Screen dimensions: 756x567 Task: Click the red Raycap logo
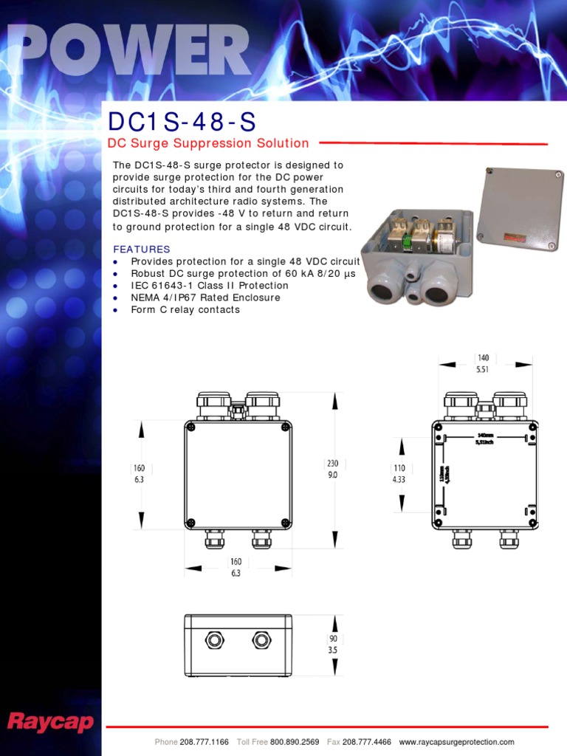[x=49, y=721]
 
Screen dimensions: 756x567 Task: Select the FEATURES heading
[x=142, y=250]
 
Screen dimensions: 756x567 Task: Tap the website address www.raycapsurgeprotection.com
[x=456, y=742]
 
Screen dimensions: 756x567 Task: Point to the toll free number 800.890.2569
[x=295, y=742]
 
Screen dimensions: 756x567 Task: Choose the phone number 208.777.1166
[x=204, y=742]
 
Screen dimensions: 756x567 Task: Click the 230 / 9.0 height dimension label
[x=333, y=470]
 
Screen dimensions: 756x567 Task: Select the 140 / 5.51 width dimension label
[x=483, y=363]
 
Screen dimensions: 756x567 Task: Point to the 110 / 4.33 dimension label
[x=399, y=473]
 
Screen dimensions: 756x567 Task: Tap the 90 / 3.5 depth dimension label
[x=334, y=645]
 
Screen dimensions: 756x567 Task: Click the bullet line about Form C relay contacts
[x=185, y=309]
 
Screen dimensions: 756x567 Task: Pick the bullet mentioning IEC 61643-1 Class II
[x=210, y=286]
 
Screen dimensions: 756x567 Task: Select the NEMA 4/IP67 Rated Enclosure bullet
[x=205, y=298]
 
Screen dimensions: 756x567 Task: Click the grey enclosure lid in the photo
[x=520, y=209]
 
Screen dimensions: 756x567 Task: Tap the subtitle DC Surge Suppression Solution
[x=208, y=143]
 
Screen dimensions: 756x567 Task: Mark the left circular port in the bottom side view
[x=215, y=639]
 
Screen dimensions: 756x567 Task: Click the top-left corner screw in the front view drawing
[x=191, y=427]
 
